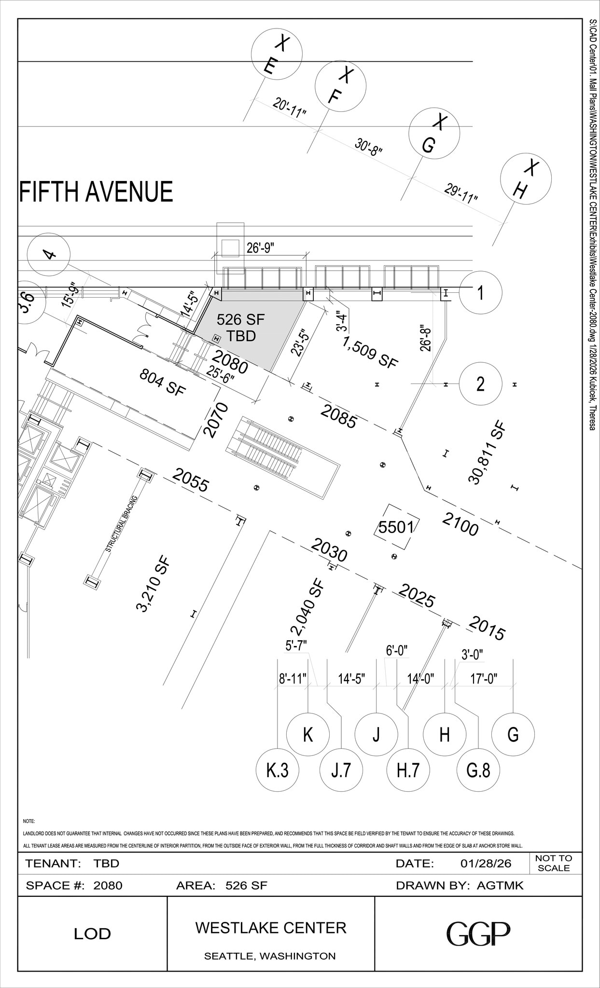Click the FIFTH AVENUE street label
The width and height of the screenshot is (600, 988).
(96, 192)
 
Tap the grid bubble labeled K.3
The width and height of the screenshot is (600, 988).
(278, 770)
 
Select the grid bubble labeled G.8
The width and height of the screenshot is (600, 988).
(478, 770)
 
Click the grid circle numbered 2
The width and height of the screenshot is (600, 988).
(480, 384)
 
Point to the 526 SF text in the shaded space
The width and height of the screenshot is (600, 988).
(240, 319)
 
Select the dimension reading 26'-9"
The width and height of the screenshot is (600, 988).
(260, 248)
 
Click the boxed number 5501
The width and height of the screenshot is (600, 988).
(396, 527)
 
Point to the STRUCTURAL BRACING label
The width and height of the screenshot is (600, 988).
(122, 524)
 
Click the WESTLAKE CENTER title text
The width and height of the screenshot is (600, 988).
(271, 928)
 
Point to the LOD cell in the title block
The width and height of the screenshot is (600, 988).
(92, 934)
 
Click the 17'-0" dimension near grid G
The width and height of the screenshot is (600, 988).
(484, 679)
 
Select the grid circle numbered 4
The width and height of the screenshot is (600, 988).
(48, 254)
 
